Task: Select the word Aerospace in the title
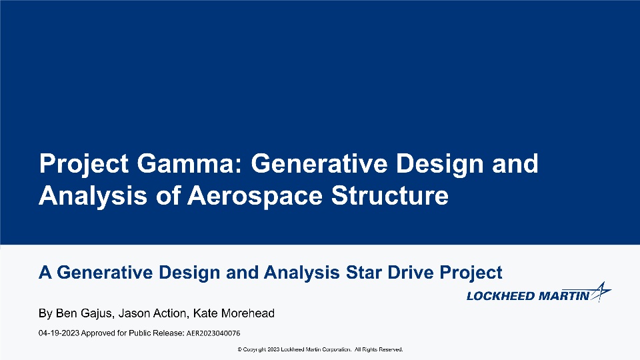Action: [255, 196]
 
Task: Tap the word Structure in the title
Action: [390, 196]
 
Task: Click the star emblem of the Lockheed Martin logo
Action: [601, 291]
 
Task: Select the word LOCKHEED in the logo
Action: [501, 296]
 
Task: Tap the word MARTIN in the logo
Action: [564, 296]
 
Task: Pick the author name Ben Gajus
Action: [84, 313]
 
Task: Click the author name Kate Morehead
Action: [234, 313]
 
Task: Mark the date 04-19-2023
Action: [59, 333]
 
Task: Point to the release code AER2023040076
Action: [213, 333]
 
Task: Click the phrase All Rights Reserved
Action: [379, 349]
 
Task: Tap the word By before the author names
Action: [46, 313]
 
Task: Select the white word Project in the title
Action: [84, 165]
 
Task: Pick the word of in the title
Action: [168, 196]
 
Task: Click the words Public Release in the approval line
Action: [157, 333]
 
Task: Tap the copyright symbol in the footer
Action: [239, 349]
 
